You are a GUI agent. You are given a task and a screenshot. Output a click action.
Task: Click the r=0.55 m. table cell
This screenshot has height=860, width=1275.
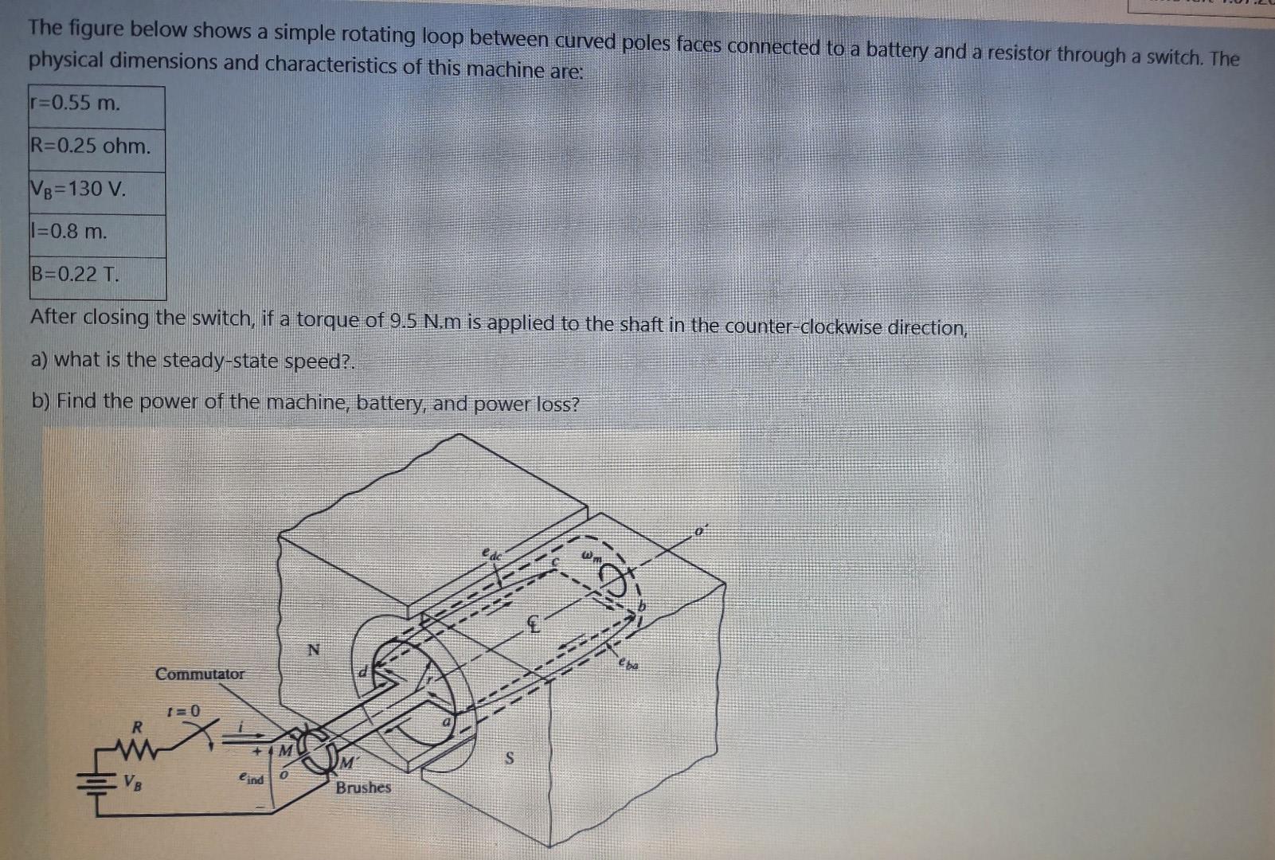(x=96, y=104)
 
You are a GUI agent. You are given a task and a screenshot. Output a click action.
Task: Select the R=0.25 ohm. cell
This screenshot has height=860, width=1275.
(x=96, y=147)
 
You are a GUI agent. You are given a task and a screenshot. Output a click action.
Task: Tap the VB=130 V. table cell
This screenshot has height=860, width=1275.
(x=96, y=190)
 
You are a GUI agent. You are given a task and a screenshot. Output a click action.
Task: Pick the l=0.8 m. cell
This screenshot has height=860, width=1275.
(x=96, y=233)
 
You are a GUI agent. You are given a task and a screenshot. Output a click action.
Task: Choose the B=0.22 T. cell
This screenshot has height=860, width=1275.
(x=96, y=276)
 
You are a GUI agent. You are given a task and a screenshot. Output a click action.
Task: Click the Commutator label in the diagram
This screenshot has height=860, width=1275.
(x=200, y=674)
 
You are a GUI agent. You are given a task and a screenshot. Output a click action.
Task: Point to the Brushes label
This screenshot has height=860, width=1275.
(x=363, y=788)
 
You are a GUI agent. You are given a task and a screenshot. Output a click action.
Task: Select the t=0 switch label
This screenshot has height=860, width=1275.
(x=183, y=709)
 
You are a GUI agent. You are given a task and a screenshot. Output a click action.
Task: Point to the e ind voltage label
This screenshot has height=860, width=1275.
(x=250, y=778)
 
